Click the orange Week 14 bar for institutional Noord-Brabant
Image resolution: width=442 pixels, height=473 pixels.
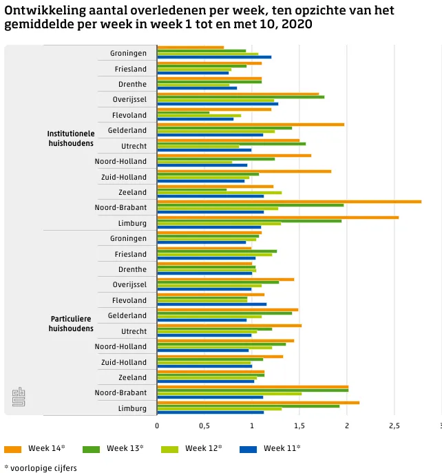point(289,201)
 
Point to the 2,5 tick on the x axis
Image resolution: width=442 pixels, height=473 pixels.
point(394,425)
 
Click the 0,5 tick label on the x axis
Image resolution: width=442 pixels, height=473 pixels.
point(204,425)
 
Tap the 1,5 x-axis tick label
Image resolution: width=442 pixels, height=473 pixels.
point(299,425)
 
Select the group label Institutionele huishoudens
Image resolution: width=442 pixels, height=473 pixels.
point(71,138)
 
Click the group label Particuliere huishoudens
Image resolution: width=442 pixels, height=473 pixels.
point(71,324)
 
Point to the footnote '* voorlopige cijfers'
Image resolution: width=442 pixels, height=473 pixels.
point(41,468)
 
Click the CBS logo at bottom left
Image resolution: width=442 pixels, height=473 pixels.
point(19,397)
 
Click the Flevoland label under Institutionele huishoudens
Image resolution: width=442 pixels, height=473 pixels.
point(129,115)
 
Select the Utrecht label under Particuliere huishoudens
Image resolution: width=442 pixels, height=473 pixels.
point(134,331)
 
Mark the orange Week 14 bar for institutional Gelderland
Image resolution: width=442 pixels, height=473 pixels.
point(251,124)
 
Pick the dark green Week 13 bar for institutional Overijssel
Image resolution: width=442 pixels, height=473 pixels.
point(240,97)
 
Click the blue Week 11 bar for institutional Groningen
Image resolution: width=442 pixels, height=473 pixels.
point(214,57)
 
